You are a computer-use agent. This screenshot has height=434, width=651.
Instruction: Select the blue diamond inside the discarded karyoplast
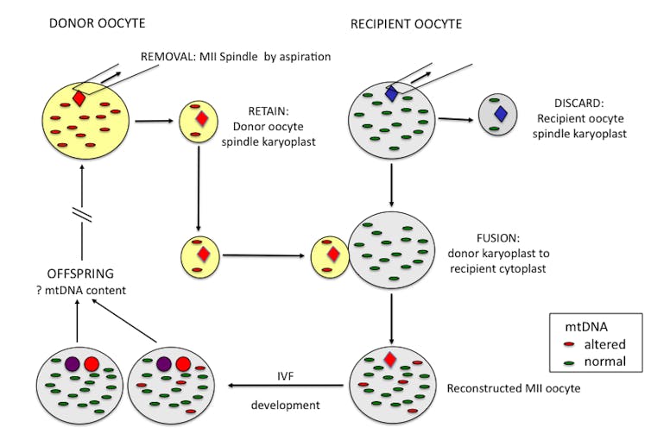click(x=499, y=113)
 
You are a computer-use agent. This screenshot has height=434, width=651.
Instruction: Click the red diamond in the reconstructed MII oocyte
click(x=389, y=359)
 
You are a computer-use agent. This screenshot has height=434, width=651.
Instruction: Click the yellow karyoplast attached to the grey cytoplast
click(x=329, y=255)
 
